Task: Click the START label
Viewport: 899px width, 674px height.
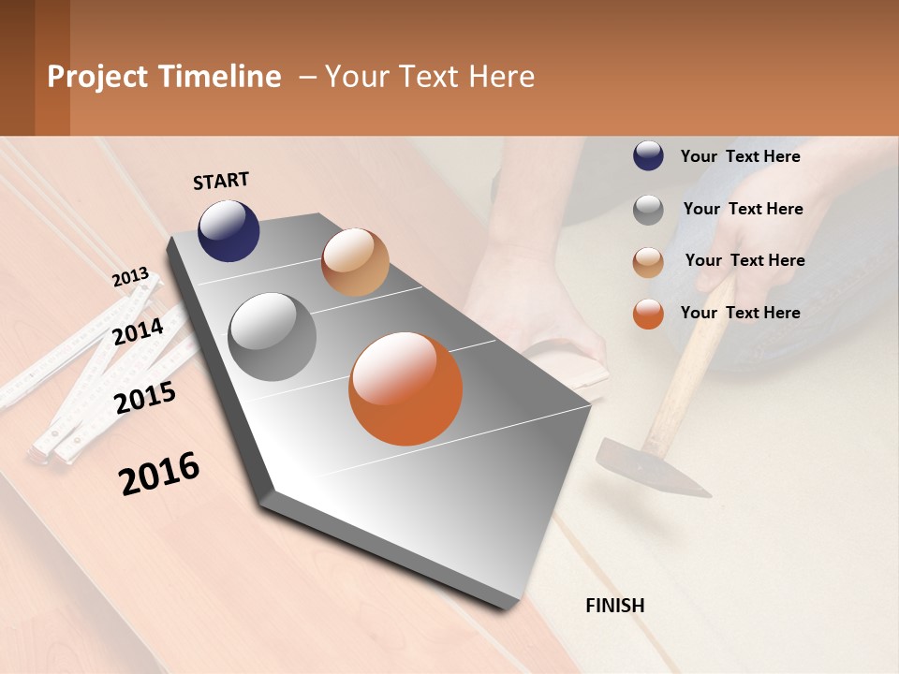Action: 221,181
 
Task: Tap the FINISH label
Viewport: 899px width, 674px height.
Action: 615,606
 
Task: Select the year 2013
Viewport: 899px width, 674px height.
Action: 130,277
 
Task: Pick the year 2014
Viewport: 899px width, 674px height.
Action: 138,331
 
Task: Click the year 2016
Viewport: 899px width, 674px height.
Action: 159,474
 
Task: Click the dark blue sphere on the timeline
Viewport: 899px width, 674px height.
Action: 228,230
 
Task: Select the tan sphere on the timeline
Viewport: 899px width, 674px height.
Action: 355,262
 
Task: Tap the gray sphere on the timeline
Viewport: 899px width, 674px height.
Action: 273,336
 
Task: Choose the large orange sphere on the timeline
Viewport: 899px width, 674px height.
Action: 405,388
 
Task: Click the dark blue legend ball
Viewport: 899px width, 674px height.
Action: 648,155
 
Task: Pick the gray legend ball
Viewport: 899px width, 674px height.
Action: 648,210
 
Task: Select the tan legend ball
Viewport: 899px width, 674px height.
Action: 648,262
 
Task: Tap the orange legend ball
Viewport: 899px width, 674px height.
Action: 648,314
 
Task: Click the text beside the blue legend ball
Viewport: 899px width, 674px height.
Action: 740,156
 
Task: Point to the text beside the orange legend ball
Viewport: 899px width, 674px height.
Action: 740,313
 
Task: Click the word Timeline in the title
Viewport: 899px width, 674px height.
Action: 219,77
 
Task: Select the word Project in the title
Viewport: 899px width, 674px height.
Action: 97,77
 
